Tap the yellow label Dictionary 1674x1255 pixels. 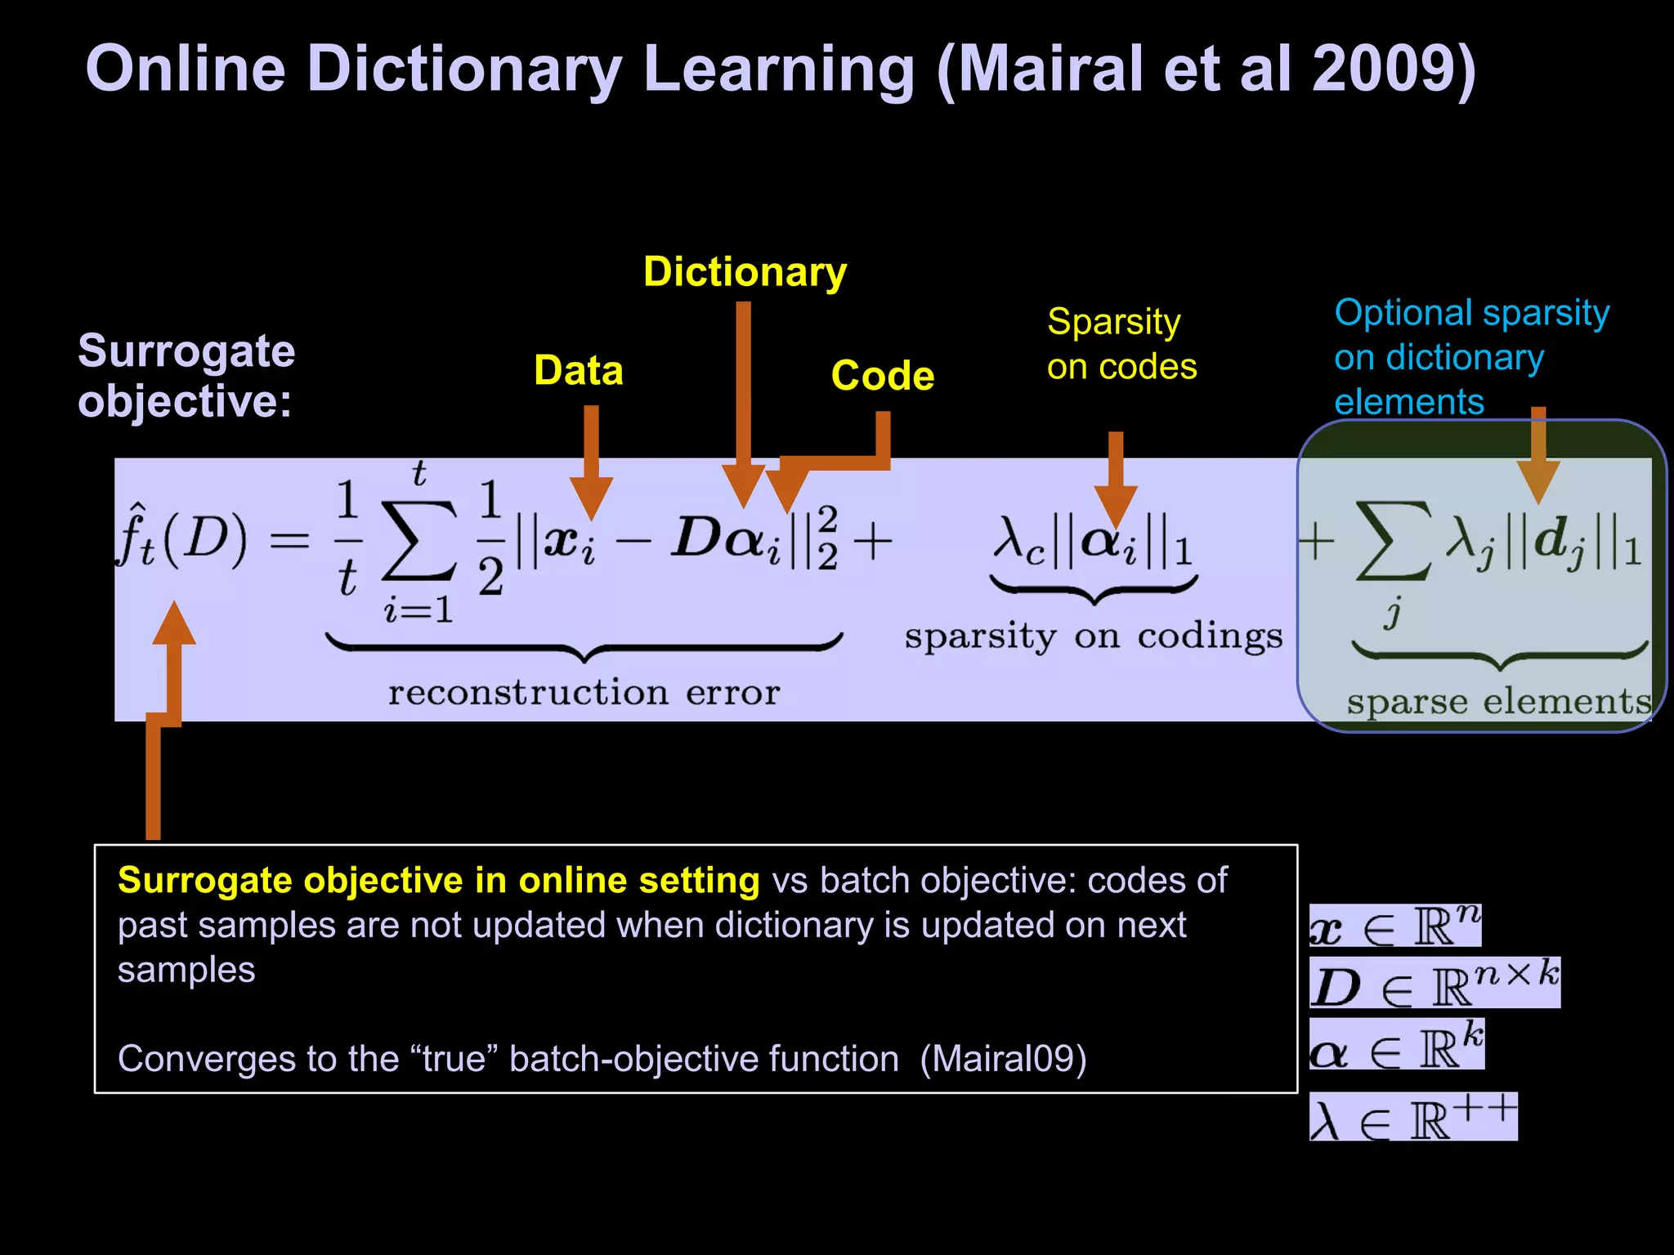[x=745, y=272]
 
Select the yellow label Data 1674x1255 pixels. [x=579, y=371]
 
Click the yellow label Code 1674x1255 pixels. [x=883, y=376]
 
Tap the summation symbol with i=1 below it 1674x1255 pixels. [x=418, y=539]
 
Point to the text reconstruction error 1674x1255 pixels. [x=584, y=693]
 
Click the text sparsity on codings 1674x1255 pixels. [x=1094, y=636]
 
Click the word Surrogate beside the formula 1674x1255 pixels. [x=186, y=351]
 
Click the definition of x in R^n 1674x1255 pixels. [x=1394, y=927]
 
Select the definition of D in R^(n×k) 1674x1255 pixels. [x=1435, y=984]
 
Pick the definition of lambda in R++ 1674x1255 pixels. [x=1413, y=1118]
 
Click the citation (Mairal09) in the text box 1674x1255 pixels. [x=1003, y=1059]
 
